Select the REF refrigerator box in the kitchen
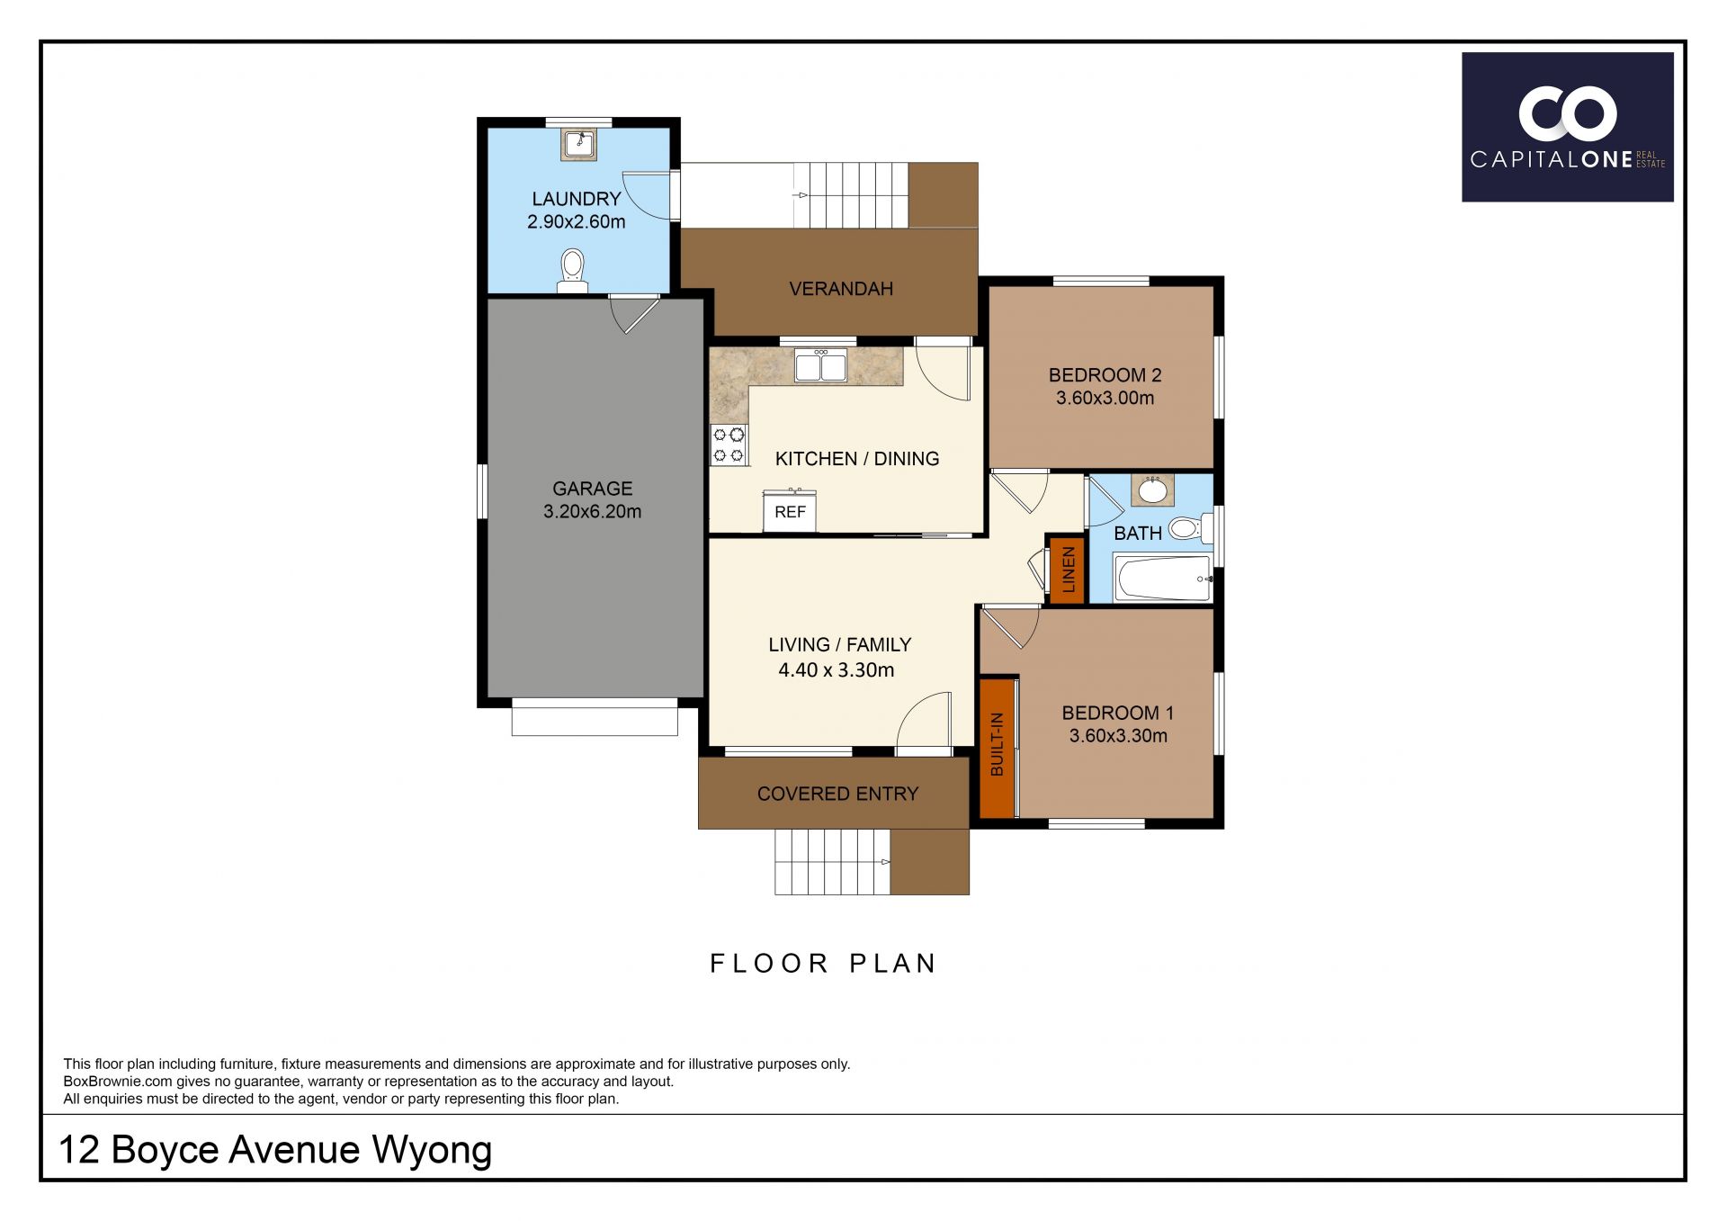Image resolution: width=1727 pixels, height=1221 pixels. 790,511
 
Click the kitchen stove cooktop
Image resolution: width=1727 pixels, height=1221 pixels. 729,444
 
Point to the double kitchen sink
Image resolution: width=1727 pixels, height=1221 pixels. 820,366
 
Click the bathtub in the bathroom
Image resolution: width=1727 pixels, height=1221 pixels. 1162,579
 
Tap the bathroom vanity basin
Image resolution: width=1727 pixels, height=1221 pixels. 1151,491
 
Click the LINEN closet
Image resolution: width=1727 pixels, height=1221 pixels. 1068,570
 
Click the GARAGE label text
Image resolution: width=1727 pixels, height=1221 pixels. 592,489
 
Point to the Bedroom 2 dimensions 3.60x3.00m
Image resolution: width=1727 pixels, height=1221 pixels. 1105,398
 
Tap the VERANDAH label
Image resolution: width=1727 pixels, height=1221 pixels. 841,289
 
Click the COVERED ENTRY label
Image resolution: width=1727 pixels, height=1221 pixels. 837,794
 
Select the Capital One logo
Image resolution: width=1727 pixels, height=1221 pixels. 1567,127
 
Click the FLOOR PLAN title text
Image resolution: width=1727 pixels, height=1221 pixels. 823,964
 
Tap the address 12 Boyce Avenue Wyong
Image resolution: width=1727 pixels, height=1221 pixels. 275,1150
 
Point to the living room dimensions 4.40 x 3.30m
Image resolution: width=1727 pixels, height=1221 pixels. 836,669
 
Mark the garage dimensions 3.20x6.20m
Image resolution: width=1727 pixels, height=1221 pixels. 592,512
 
